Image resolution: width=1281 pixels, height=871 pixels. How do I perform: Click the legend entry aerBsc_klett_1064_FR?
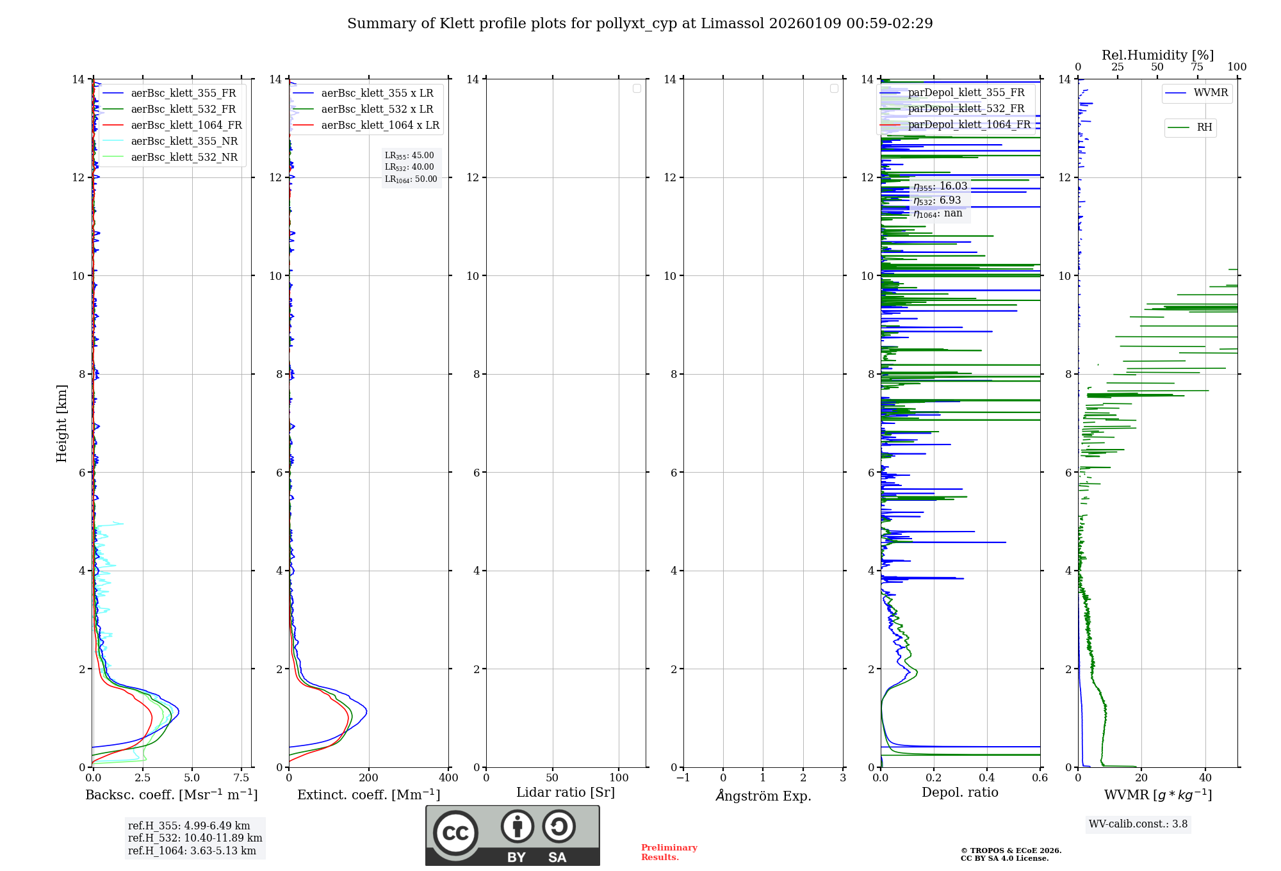(x=186, y=126)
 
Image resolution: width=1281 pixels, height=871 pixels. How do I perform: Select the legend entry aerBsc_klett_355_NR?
(x=184, y=142)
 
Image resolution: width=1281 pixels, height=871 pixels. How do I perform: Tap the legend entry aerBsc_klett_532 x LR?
(x=377, y=110)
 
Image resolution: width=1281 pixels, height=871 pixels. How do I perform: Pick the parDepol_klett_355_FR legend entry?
(x=966, y=93)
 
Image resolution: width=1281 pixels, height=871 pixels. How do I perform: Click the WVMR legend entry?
(x=1211, y=93)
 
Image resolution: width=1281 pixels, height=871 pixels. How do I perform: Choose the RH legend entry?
(x=1204, y=127)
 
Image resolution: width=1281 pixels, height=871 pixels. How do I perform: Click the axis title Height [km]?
(x=61, y=423)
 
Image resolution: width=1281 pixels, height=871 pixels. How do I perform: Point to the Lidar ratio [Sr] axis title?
(x=566, y=793)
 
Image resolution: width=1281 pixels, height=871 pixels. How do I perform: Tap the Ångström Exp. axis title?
(x=763, y=796)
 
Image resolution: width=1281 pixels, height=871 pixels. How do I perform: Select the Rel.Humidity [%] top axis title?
(x=1157, y=55)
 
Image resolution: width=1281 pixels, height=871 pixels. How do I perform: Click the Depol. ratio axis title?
(x=959, y=793)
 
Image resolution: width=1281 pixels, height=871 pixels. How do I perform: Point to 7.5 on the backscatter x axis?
(x=241, y=778)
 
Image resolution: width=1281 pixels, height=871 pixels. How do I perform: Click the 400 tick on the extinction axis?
(x=448, y=778)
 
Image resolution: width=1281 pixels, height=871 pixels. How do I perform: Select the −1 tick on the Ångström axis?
(x=683, y=778)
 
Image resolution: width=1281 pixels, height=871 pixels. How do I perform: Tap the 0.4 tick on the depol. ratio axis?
(x=987, y=778)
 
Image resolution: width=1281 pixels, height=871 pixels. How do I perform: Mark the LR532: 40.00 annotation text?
(x=409, y=167)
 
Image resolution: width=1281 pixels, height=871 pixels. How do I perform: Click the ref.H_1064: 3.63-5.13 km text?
(x=192, y=851)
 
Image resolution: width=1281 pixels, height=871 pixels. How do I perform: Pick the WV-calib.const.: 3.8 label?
(x=1138, y=824)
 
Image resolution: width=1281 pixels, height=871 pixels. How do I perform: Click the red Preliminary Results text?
(x=669, y=852)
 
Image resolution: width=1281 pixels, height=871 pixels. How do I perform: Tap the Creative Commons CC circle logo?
(x=455, y=833)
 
